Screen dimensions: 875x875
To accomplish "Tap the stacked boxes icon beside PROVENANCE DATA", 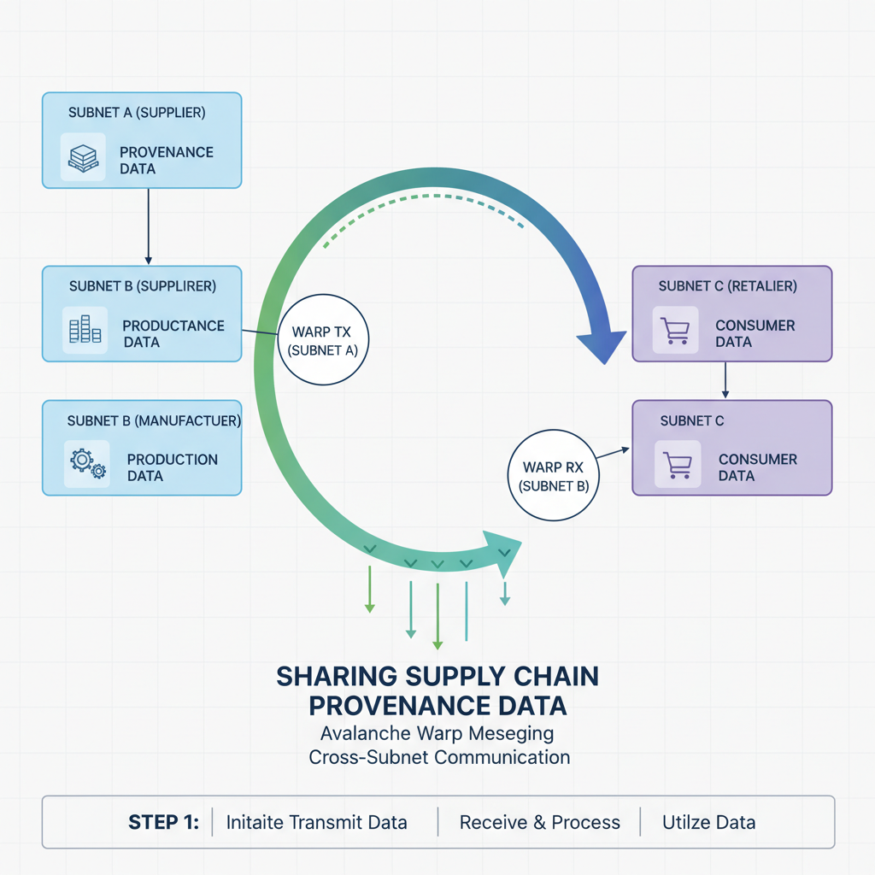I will [x=83, y=157].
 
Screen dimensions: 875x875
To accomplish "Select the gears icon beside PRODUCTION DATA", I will [x=85, y=462].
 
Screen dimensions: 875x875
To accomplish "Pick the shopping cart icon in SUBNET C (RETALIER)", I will [x=675, y=331].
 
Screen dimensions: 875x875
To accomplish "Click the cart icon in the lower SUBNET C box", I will [x=677, y=464].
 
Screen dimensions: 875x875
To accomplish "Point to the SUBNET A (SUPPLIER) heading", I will [x=137, y=112].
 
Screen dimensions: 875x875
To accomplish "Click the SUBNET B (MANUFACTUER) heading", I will [x=154, y=421].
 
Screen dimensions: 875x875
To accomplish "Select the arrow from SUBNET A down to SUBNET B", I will [x=149, y=226].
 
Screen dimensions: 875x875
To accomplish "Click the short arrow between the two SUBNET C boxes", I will [x=725, y=379].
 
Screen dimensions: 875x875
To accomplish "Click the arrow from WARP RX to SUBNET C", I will [x=612, y=453].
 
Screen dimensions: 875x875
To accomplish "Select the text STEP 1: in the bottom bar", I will [x=163, y=823].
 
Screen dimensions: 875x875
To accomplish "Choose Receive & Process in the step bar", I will [x=539, y=823].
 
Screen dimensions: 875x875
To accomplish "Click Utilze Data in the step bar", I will [x=708, y=823].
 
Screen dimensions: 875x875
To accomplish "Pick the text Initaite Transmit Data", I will [x=316, y=823].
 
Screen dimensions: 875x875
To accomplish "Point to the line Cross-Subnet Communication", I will [x=439, y=757].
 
